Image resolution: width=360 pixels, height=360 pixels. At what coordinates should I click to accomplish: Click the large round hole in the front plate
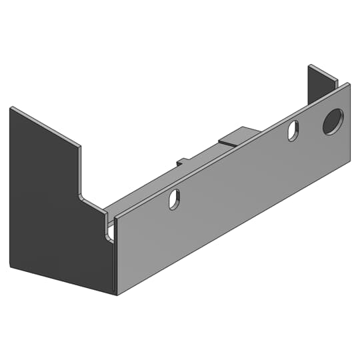[x=333, y=121]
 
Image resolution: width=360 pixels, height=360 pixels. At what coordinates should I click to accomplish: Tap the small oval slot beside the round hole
[x=293, y=131]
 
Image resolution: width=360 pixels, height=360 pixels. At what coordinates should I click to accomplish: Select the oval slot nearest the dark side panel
[x=174, y=199]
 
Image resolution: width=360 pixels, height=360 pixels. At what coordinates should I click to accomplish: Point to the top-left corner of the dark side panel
[x=11, y=107]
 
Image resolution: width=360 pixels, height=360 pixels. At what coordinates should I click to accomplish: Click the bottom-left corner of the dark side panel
[x=10, y=266]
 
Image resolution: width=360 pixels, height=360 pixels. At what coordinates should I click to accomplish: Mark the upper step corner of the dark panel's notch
[x=80, y=145]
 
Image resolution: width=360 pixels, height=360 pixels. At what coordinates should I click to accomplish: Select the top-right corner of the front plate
[x=349, y=84]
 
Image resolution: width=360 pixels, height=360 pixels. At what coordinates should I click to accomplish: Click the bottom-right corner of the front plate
[x=349, y=163]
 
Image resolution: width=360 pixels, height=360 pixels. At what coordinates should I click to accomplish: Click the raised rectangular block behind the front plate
[x=237, y=137]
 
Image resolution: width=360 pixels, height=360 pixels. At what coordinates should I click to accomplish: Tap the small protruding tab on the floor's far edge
[x=182, y=161]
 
